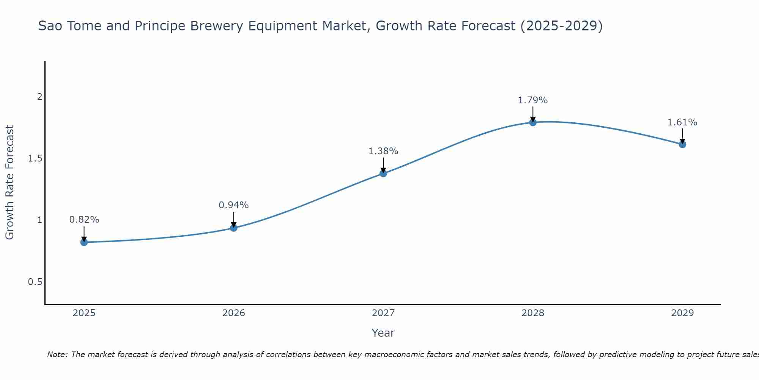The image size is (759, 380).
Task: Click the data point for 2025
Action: point(84,242)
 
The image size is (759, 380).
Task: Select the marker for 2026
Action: point(234,228)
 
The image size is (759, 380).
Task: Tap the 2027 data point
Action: point(383,173)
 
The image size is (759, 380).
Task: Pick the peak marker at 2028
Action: point(533,122)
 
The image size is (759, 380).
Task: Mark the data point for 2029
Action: point(682,144)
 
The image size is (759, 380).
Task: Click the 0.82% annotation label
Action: point(84,220)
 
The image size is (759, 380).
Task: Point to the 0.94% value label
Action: point(234,205)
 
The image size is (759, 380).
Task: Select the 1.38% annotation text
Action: point(383,151)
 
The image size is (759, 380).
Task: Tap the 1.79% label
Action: point(533,100)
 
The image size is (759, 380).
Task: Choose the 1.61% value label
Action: point(682,122)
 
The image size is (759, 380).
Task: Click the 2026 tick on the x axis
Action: point(234,313)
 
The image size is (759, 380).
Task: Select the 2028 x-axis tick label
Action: point(533,313)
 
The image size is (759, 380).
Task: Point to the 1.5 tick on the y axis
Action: point(35,158)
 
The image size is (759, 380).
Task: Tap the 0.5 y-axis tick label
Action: point(35,282)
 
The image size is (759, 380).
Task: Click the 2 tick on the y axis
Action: point(39,97)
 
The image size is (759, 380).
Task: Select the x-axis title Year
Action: point(383,333)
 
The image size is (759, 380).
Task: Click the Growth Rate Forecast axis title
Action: point(9,182)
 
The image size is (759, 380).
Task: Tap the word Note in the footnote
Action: point(57,355)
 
